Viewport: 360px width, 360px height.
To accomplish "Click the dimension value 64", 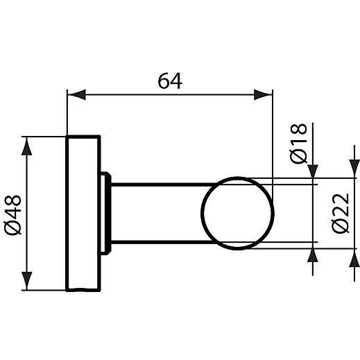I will [169, 81].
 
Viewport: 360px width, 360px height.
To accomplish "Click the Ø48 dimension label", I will [15, 214].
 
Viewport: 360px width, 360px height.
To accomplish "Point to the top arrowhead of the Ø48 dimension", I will [27, 144].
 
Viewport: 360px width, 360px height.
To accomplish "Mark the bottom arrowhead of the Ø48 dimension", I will [27, 283].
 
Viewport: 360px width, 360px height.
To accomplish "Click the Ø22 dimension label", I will [340, 214].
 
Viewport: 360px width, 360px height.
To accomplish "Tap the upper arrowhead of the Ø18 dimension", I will [314, 175].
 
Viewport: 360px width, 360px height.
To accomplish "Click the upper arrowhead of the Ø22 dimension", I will [354, 166].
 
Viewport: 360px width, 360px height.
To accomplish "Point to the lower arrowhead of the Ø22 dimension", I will [354, 261].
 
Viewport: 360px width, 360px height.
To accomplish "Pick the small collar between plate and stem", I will [106, 213].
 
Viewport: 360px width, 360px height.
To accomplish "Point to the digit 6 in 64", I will [163, 81].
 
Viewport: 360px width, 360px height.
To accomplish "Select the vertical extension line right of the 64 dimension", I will [273, 139].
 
